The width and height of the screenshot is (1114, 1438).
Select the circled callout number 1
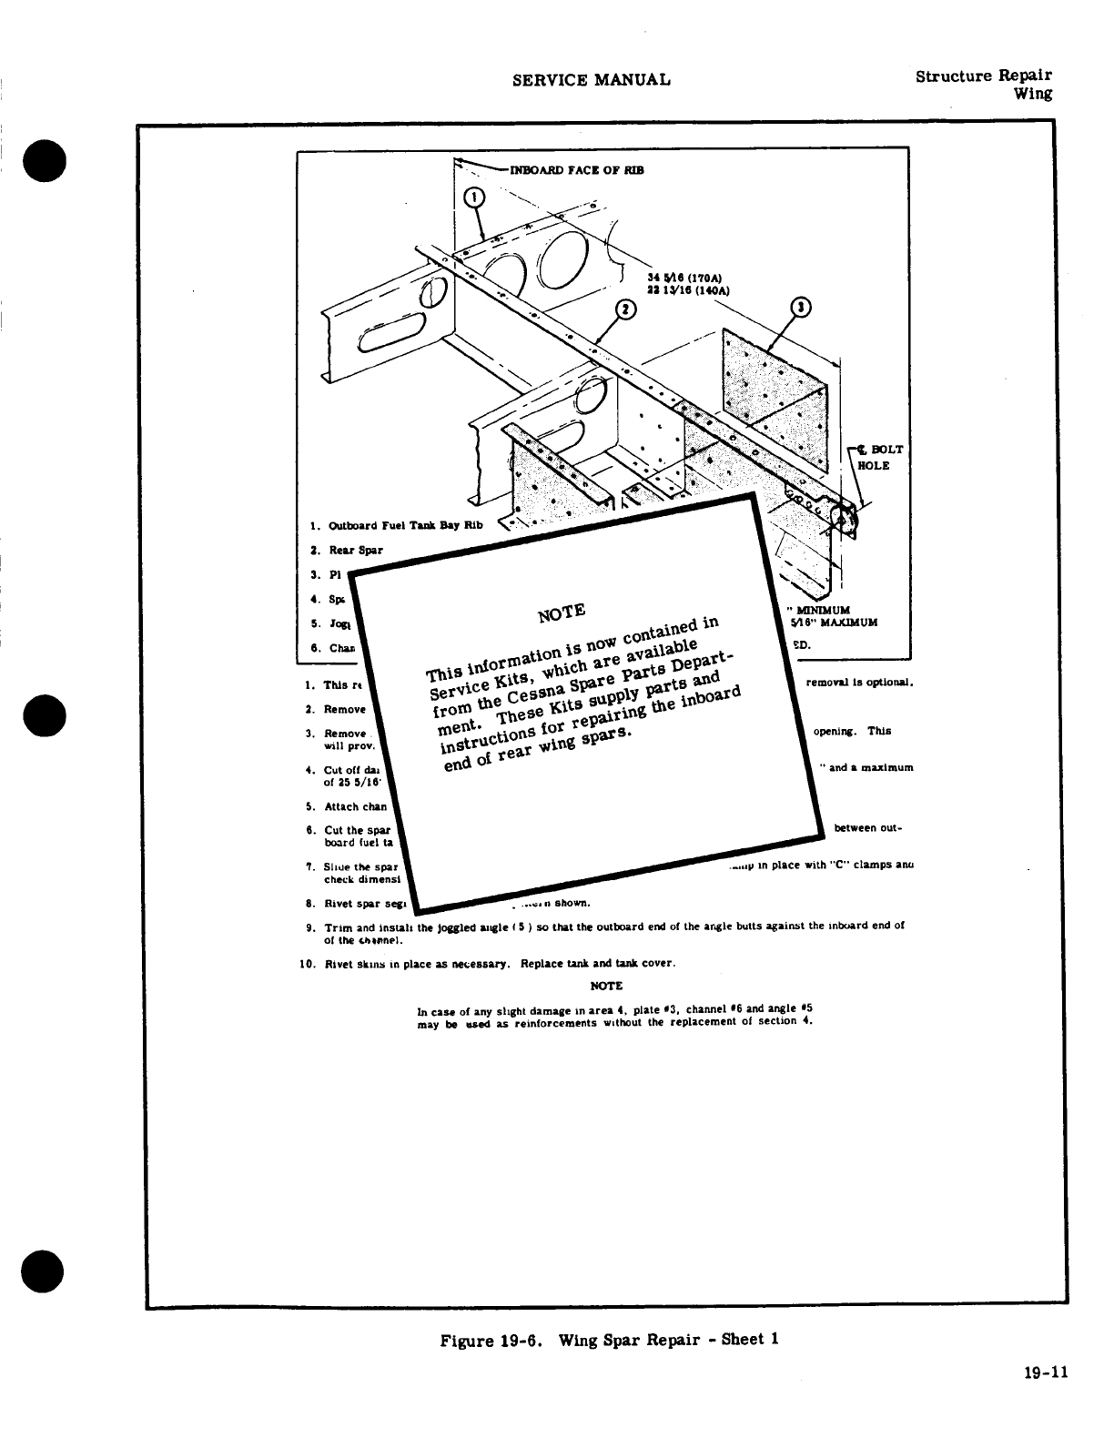[475, 199]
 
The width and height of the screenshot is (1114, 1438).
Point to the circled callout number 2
[625, 310]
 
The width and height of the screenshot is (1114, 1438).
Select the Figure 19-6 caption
[610, 1340]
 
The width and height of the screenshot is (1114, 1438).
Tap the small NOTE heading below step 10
[606, 986]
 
